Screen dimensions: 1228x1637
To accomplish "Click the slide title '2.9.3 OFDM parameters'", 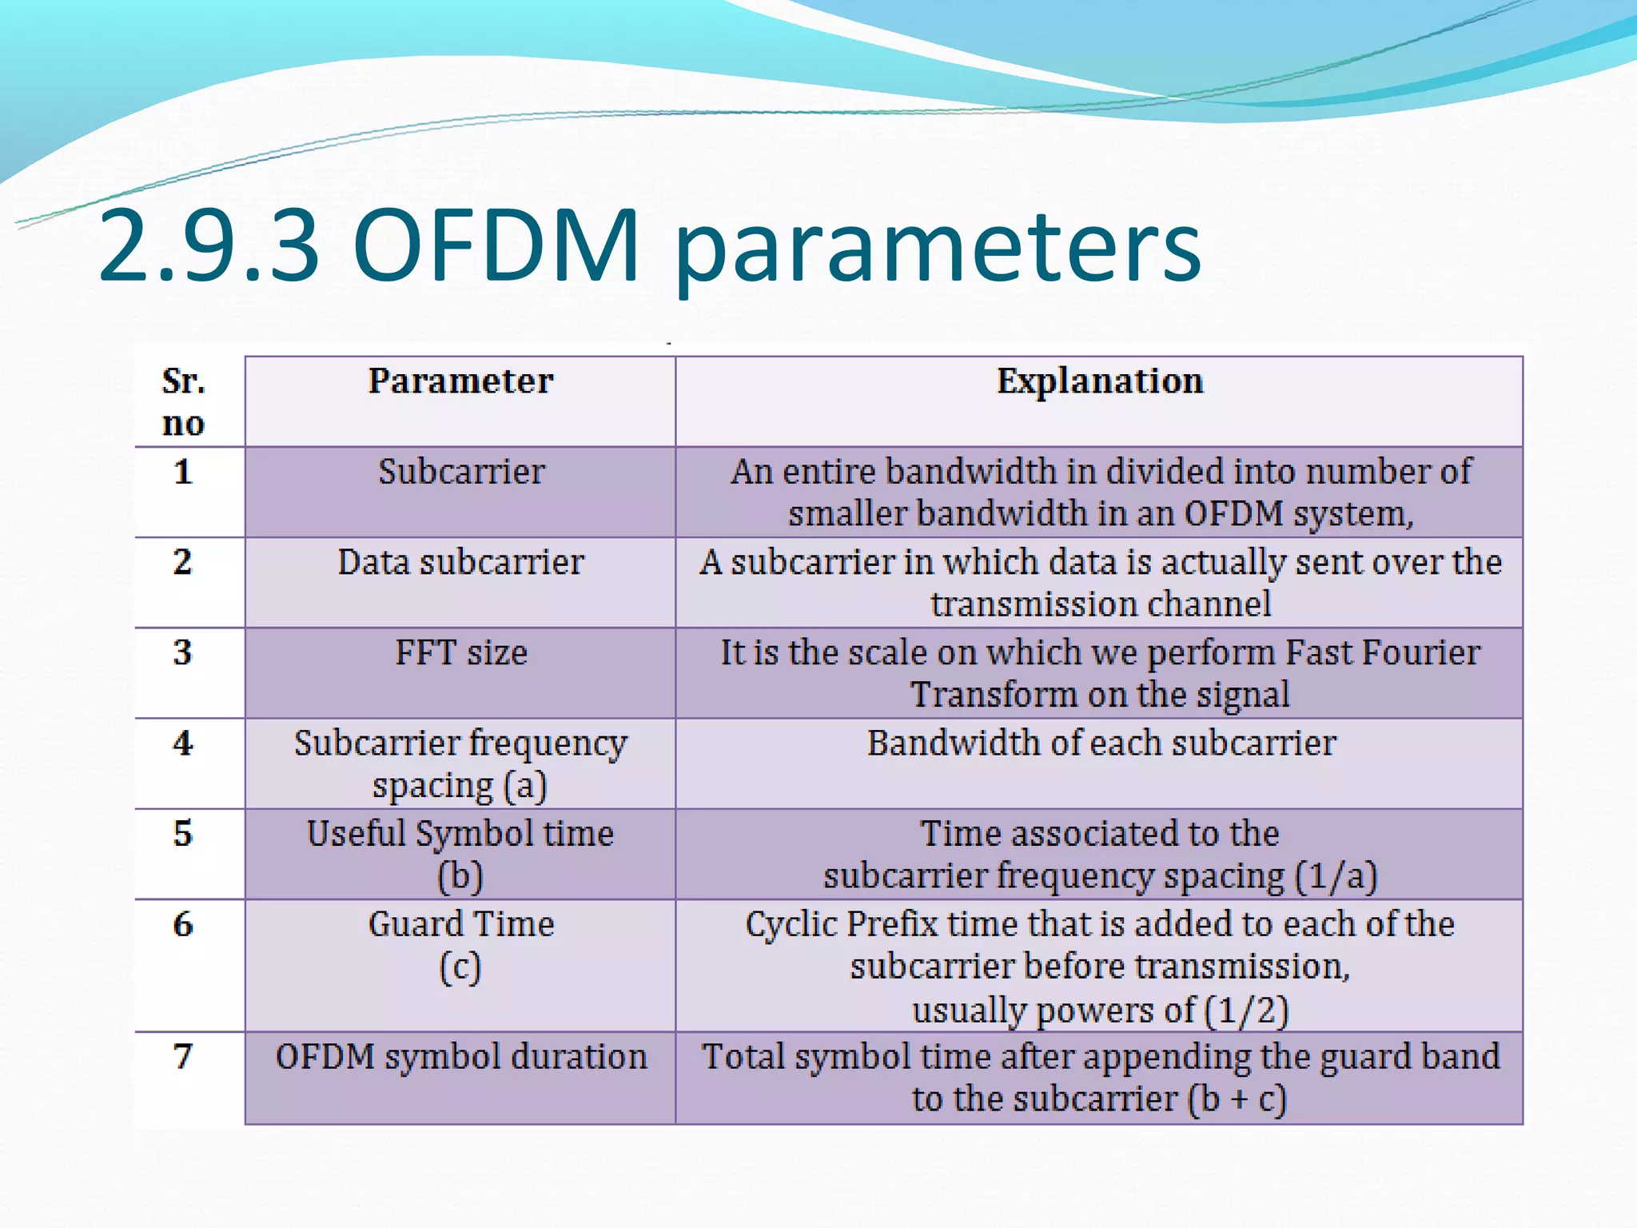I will click(649, 246).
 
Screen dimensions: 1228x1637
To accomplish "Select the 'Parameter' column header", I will click(460, 381).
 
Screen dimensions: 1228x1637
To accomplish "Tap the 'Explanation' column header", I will click(1100, 381).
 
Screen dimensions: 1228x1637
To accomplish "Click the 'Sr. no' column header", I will click(184, 402).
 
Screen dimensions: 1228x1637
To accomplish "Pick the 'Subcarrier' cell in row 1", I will click(461, 472).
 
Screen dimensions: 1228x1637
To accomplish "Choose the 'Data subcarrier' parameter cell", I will click(460, 562).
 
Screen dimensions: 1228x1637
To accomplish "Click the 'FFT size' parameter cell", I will click(461, 653).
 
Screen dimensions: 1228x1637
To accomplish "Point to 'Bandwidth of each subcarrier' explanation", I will click(1101, 744).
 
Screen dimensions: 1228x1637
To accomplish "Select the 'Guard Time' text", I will click(461, 925).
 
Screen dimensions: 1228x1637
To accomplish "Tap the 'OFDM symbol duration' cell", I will click(461, 1057).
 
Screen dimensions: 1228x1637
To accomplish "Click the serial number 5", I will click(183, 834).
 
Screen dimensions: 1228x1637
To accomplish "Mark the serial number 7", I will click(183, 1057).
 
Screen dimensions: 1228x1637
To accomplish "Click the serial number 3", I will click(183, 653).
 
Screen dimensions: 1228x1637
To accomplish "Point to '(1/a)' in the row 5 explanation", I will click(1335, 876).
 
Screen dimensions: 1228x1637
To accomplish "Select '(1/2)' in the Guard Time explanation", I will click(1247, 1011).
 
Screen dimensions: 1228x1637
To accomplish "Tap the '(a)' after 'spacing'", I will click(525, 786).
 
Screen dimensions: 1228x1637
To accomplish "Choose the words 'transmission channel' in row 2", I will click(1101, 604).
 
